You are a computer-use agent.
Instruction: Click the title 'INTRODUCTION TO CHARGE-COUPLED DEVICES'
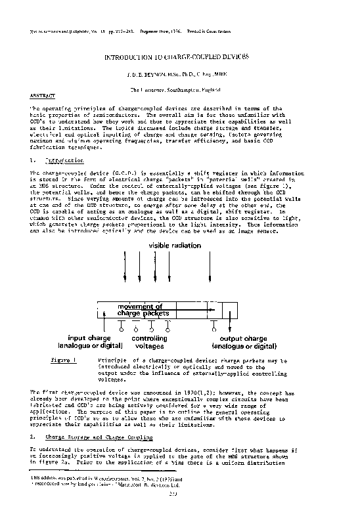(x=178, y=58)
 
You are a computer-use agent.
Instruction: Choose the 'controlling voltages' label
(x=150, y=342)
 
